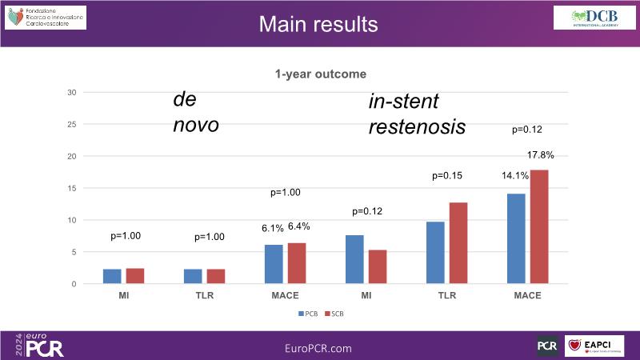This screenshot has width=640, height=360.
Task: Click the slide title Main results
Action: click(318, 24)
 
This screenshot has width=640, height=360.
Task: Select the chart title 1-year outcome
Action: click(318, 74)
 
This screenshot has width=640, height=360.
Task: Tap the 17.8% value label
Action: click(541, 155)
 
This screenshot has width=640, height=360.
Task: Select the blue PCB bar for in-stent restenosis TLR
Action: click(434, 253)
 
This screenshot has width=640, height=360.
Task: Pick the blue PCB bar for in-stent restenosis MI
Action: click(354, 259)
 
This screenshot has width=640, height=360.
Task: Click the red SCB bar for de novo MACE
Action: click(296, 263)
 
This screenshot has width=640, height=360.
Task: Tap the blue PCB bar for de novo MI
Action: click(112, 277)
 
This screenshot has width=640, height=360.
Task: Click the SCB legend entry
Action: click(336, 314)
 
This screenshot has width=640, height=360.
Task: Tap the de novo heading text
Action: click(196, 112)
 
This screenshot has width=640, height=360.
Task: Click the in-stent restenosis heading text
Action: click(416, 114)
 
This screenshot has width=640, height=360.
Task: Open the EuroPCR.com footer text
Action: click(318, 348)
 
